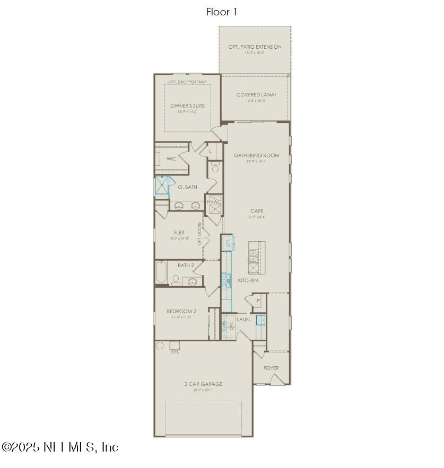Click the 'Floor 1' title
point(221,12)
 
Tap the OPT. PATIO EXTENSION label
point(255,47)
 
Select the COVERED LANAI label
point(256,95)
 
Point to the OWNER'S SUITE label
point(187,106)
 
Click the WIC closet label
point(171,159)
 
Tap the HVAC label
point(214,202)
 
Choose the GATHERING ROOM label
point(256,155)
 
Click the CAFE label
point(257,211)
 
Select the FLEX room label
point(179,233)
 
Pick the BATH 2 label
point(186,266)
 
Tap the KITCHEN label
point(248,280)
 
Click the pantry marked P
point(258,301)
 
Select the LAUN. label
point(243,320)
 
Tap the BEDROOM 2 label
point(181,311)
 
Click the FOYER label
point(271,368)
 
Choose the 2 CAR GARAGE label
point(203,384)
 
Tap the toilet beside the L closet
point(215,168)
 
